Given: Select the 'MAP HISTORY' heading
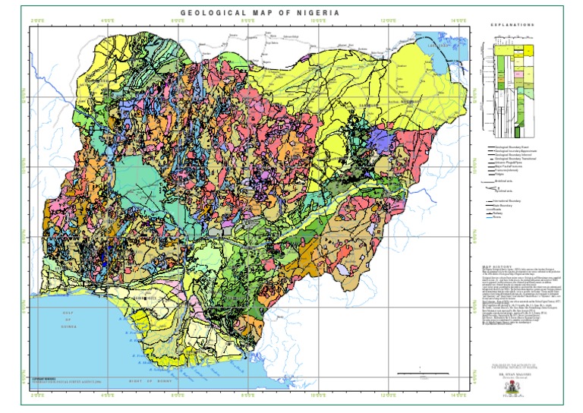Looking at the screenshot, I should pyautogui.click(x=499, y=267).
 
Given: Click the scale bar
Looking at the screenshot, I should pyautogui.click(x=417, y=373).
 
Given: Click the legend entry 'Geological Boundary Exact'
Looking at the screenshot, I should pyautogui.click(x=513, y=145).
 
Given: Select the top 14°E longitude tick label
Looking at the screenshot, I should pyautogui.click(x=459, y=20).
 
